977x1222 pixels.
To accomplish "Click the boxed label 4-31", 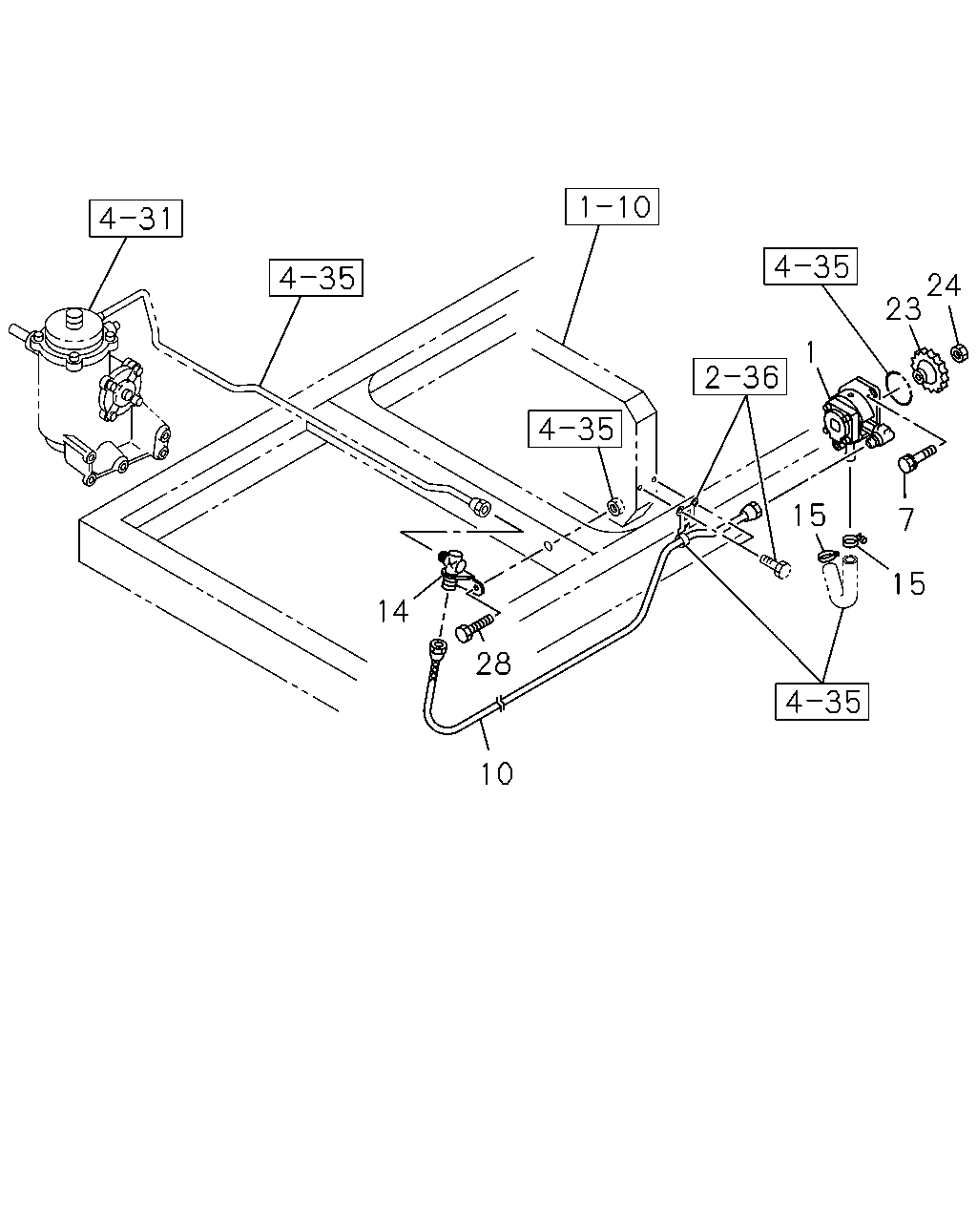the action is tap(135, 218).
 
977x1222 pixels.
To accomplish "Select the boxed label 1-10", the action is tap(612, 207).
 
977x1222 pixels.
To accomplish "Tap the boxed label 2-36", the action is tap(739, 376).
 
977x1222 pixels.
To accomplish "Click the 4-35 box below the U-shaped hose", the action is tap(822, 702).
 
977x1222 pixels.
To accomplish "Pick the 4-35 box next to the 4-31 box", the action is tap(316, 278).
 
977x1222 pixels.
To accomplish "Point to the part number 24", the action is tap(944, 285).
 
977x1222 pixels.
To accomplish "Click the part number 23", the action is tap(904, 309).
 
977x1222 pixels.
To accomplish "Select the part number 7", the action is tap(906, 518).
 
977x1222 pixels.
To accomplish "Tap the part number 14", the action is tap(393, 611).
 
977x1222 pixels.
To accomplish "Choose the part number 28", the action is tap(493, 664).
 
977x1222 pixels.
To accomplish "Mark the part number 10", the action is tap(497, 773).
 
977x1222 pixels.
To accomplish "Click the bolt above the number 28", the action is tap(474, 628).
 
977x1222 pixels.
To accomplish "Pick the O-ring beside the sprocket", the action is tap(898, 388).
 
